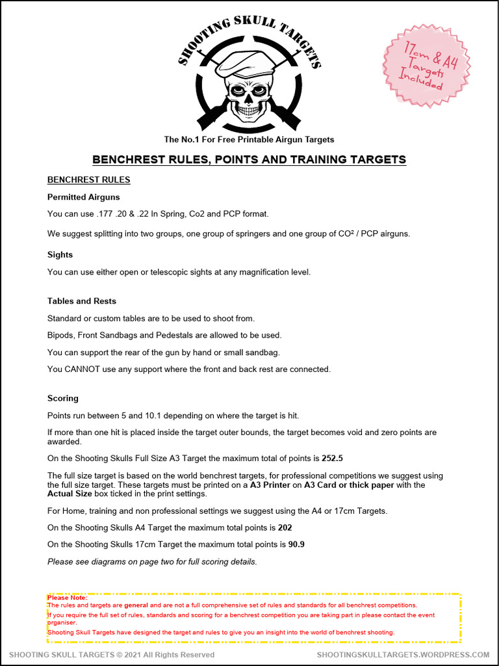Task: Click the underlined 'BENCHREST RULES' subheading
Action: (88, 180)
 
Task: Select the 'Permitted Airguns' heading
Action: (83, 197)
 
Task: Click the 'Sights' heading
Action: (60, 255)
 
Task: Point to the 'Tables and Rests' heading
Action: (82, 301)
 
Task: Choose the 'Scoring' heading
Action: (62, 398)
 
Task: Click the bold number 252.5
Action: (332, 459)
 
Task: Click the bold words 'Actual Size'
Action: (71, 494)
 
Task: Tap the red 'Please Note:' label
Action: (67, 598)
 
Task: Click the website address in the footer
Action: (403, 655)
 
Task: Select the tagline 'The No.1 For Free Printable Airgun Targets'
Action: (249, 140)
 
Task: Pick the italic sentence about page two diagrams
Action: (152, 561)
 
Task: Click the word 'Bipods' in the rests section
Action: (60, 336)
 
